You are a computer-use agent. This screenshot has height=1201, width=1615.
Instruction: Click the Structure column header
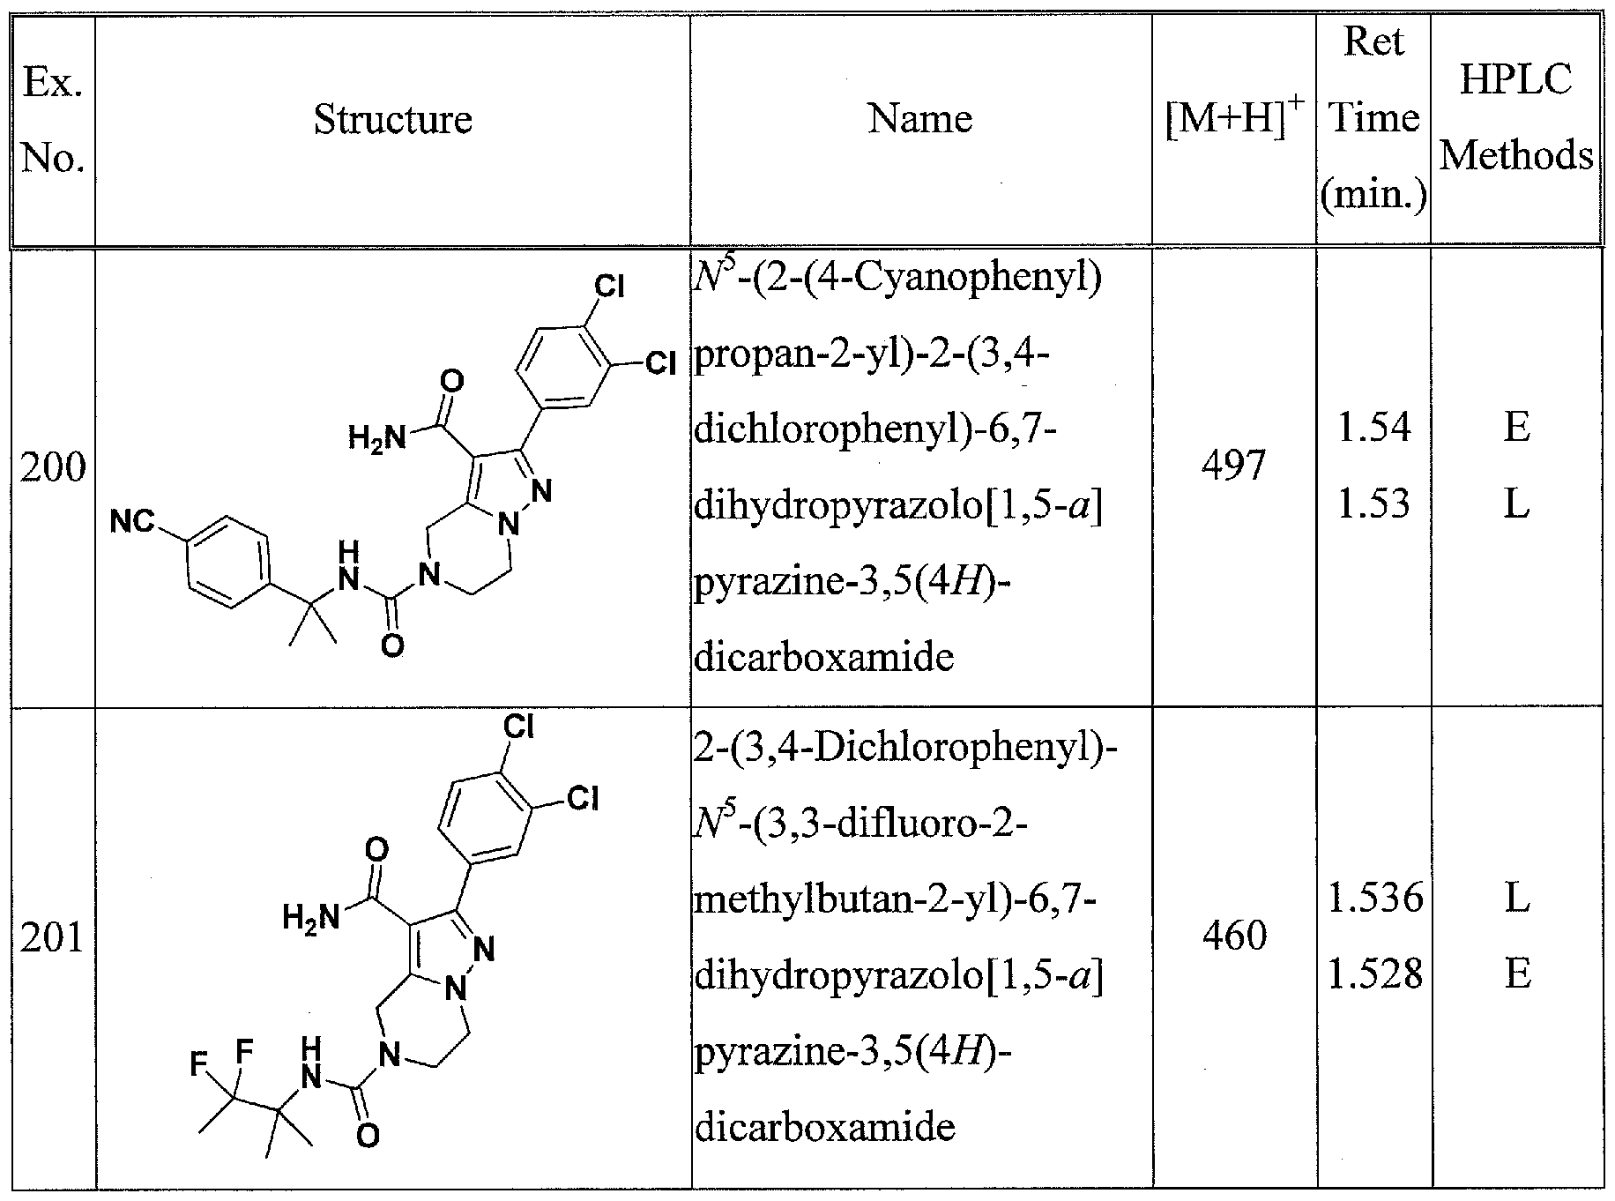[x=392, y=120]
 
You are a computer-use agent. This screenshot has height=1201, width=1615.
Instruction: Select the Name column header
[x=919, y=118]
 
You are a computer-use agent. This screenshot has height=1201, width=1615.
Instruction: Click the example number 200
[x=53, y=467]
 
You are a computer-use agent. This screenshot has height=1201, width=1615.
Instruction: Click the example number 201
[x=53, y=936]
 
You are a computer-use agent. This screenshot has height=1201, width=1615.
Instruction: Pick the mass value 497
[x=1233, y=465]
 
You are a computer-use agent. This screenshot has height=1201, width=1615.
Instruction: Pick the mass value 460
[x=1234, y=935]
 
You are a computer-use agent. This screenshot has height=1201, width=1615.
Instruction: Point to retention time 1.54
[x=1373, y=428]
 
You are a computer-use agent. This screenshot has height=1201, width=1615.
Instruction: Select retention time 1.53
[x=1373, y=504]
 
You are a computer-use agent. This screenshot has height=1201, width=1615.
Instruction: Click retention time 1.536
[x=1374, y=898]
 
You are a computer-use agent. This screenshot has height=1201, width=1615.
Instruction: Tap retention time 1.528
[x=1374, y=973]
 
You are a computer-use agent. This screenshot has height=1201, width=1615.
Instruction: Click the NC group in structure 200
[x=132, y=523]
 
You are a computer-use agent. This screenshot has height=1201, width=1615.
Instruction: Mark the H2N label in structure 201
[x=310, y=918]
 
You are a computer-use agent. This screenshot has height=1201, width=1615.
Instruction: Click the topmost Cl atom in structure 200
[x=609, y=287]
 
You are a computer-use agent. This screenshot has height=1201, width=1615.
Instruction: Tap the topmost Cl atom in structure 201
[x=518, y=727]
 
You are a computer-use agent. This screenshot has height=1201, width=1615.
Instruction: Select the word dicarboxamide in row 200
[x=824, y=657]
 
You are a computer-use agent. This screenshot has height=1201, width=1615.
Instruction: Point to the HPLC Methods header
[x=1515, y=118]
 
